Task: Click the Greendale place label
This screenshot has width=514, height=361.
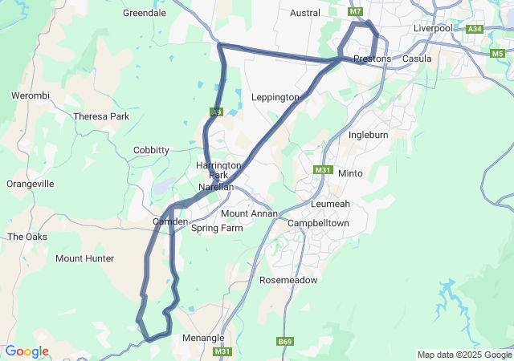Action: pos(145,13)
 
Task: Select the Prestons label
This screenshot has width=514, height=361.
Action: pos(373,59)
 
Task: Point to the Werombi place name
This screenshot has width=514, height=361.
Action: pos(31,95)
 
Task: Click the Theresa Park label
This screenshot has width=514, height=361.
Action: pos(101,116)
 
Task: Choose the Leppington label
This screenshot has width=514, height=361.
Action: pos(275,97)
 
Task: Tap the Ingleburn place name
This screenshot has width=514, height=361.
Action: pos(369,135)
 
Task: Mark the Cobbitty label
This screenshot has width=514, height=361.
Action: pos(151,150)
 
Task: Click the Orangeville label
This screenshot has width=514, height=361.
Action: pos(31,184)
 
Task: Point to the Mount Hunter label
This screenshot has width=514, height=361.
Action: pos(84,258)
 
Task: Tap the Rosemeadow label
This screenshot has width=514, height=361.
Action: pos(288,280)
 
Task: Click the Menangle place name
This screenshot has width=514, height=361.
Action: pos(203,338)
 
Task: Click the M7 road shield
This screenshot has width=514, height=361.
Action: pos(356,11)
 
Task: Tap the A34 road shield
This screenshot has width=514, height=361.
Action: pos(475,29)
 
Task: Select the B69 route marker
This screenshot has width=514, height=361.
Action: pos(284,342)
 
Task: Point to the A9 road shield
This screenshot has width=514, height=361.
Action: pos(216,112)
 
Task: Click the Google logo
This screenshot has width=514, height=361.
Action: pos(27,351)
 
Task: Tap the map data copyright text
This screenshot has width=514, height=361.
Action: pos(463,355)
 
